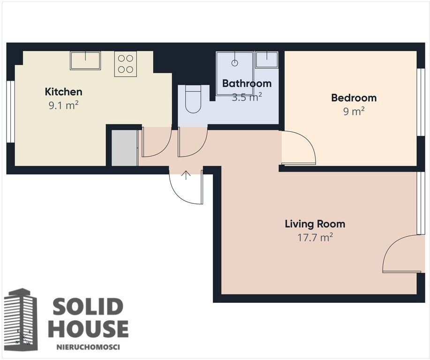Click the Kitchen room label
coord(63,91)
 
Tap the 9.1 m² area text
coord(64,105)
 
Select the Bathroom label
coord(247,83)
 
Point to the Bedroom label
coord(354,97)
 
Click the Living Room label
coord(315,224)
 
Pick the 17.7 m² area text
coord(315,237)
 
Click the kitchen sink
coord(85,60)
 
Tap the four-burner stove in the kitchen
coord(126,64)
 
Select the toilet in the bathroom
coord(193,99)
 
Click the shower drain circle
coord(234,63)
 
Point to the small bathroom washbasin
coord(266,60)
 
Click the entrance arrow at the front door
coord(186,175)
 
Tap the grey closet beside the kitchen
coord(124,148)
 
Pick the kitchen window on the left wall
coord(10,112)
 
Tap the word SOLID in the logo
coord(88,307)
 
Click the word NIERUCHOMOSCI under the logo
coord(88,347)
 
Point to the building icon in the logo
coord(21,320)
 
